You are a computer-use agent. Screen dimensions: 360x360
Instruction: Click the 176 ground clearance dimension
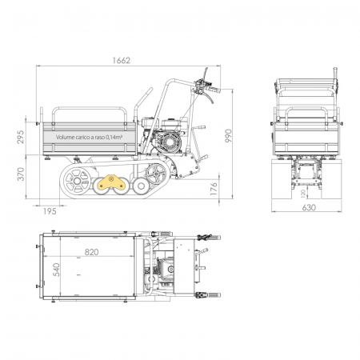point(214,188)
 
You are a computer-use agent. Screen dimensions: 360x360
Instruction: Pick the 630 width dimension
point(308,207)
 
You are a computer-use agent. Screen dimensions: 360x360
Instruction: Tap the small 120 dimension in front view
point(302,192)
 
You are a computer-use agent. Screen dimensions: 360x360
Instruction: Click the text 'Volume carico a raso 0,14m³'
point(88,137)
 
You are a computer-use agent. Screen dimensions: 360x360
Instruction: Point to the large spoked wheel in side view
point(77,181)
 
